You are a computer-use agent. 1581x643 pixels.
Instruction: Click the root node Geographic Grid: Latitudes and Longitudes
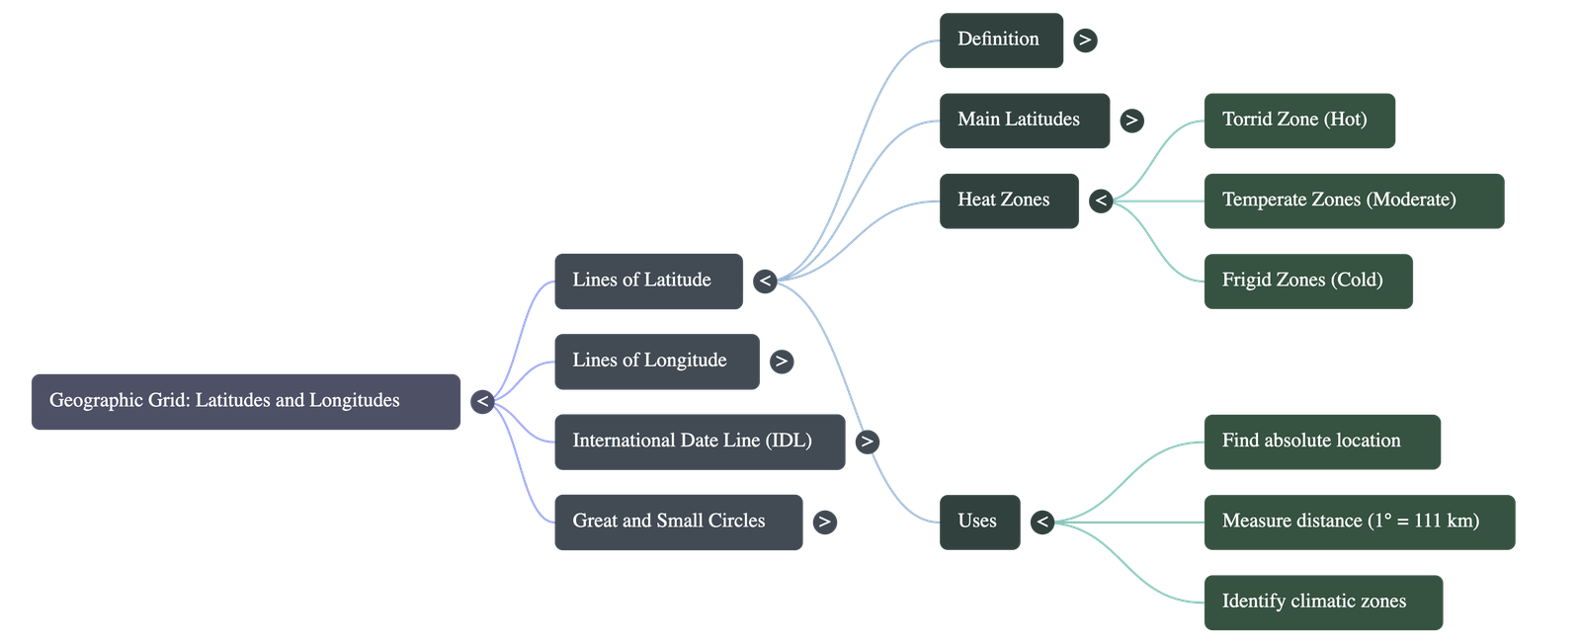[245, 401]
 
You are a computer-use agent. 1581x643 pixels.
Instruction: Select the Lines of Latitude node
[647, 281]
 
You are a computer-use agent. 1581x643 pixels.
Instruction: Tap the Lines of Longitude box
[656, 362]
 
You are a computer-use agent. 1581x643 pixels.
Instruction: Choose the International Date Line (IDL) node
[699, 442]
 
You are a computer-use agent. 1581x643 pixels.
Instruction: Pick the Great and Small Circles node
[677, 522]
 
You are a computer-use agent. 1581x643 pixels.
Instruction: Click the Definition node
[1001, 40]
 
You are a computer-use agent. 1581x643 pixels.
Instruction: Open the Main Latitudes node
[1024, 121]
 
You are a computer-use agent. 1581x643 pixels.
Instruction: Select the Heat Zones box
[1008, 201]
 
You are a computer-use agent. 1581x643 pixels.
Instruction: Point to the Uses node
[978, 522]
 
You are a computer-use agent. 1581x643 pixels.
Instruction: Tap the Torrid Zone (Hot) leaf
[1298, 121]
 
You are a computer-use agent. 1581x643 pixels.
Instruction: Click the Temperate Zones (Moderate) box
[1353, 201]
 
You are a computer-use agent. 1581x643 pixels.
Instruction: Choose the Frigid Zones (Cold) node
[1307, 281]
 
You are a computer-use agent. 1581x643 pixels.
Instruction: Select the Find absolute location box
[1321, 442]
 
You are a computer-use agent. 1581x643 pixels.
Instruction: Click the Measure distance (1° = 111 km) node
[1358, 522]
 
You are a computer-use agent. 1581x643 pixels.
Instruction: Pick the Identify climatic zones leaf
[1322, 602]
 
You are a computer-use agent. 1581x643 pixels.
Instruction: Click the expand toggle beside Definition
[1085, 40]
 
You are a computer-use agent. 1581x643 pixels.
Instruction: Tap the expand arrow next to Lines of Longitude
[782, 362]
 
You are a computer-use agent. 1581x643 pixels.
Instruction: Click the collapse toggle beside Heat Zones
[1101, 201]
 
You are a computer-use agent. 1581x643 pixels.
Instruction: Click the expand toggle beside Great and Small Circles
[824, 522]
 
